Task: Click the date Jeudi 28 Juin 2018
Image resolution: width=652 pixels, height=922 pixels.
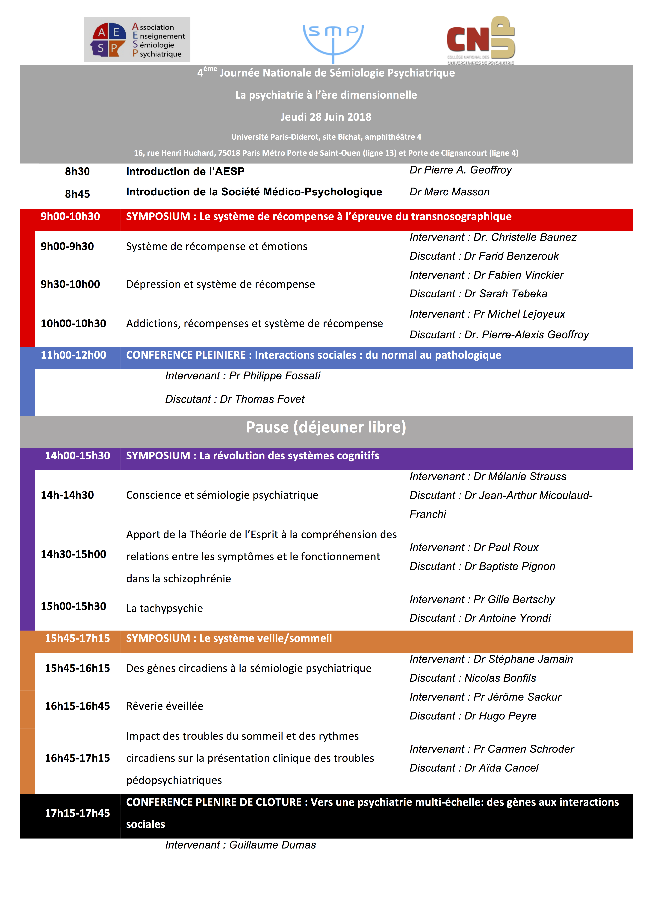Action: click(326, 117)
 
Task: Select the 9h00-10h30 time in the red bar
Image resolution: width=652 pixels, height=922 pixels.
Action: click(70, 216)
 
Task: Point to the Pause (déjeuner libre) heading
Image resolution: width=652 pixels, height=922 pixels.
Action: click(326, 427)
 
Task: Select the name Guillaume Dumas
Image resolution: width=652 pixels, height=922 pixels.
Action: click(272, 845)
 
